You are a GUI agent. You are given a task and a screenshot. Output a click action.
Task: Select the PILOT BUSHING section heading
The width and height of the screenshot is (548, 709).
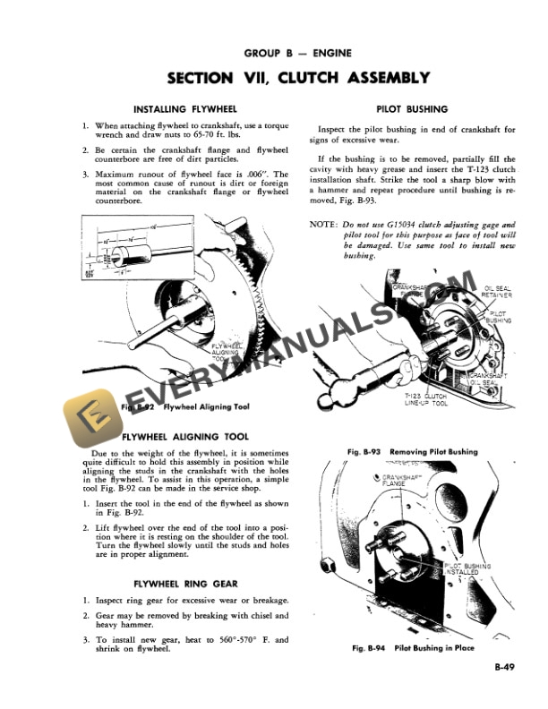coord(414,109)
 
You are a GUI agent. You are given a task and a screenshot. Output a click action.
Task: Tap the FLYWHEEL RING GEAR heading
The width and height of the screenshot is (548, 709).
coord(185,583)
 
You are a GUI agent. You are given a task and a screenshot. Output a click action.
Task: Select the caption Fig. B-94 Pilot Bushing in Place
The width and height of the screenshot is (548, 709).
coord(414,648)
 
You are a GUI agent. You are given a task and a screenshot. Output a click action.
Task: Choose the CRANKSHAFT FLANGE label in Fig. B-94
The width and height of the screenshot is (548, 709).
coord(400,480)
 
